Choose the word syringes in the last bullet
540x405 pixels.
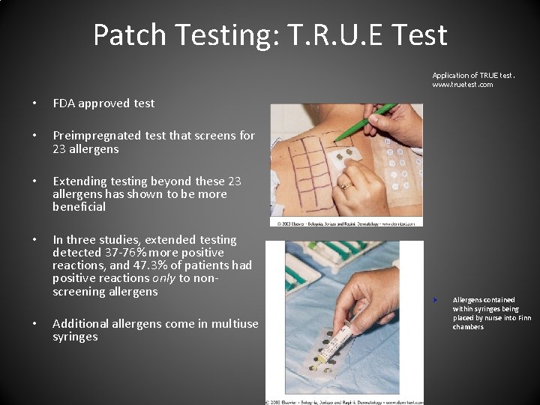pos(75,337)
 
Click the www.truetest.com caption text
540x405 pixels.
pos(463,85)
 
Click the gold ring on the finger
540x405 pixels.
pos(346,184)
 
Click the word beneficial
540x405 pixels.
pos(79,207)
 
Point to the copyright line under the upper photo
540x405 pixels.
pos(346,223)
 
